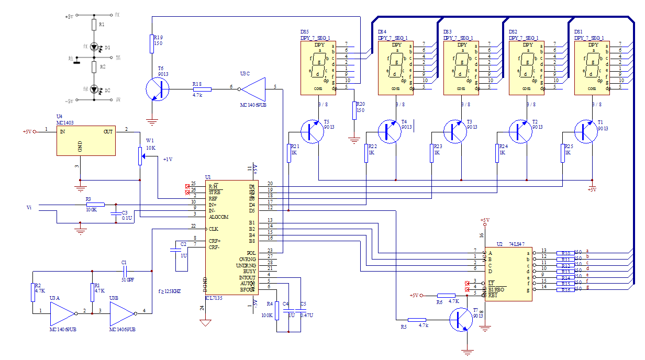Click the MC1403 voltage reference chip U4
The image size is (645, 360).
(86, 140)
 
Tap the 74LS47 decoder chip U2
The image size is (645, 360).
(508, 273)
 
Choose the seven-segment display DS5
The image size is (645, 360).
(319, 68)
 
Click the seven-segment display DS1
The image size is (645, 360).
(593, 68)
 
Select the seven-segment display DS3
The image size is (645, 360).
(462, 68)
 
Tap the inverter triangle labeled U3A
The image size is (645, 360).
(62, 313)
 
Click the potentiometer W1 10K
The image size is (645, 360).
(140, 155)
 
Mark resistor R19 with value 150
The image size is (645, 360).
(152, 44)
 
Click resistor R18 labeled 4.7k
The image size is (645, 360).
(202, 89)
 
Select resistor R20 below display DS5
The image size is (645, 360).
(354, 110)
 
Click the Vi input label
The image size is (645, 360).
(29, 208)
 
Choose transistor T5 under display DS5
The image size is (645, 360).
(313, 130)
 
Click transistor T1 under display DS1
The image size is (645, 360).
(586, 130)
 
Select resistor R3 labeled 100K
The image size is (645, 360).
(95, 204)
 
